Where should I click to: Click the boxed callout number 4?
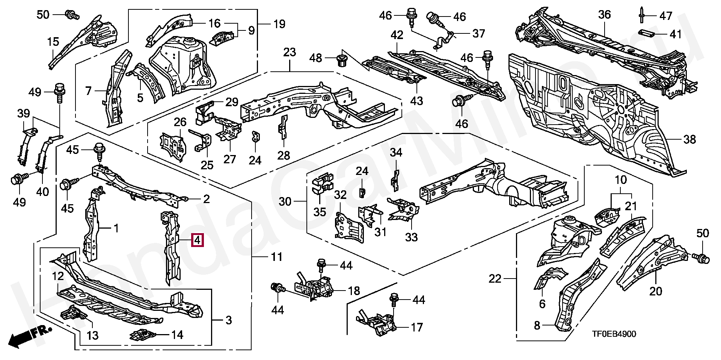click(x=198, y=240)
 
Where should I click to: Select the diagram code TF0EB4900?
click(x=614, y=334)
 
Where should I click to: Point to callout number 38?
click(x=690, y=140)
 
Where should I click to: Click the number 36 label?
click(x=605, y=15)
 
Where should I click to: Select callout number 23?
click(x=290, y=53)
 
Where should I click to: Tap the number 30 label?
click(x=285, y=202)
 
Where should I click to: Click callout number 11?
click(x=277, y=257)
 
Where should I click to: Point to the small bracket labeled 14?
click(x=143, y=334)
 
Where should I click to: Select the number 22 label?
click(x=495, y=279)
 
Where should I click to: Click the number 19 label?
click(x=279, y=24)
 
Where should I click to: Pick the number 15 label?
click(x=53, y=42)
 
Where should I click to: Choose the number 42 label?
click(x=397, y=35)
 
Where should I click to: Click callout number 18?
click(x=354, y=291)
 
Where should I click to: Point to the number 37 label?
click(x=478, y=33)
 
